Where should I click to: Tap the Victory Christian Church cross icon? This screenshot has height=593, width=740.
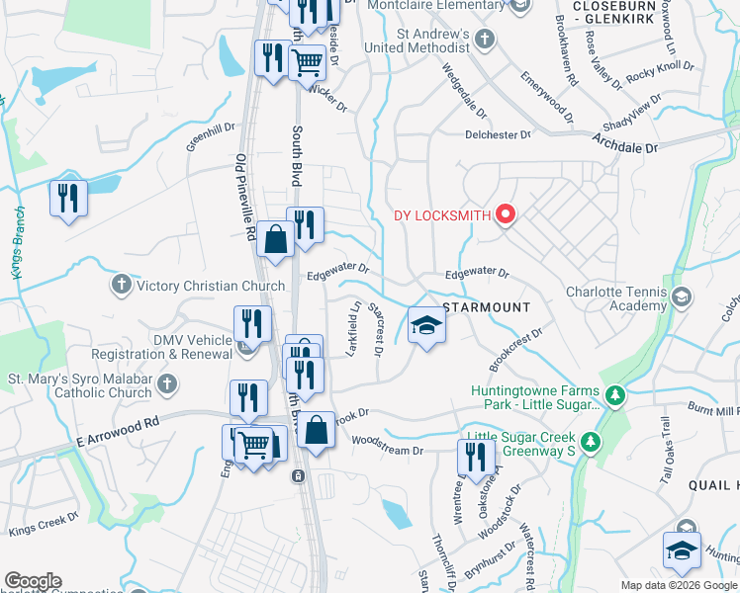(122, 286)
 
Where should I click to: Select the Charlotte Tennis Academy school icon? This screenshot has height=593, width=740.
(681, 297)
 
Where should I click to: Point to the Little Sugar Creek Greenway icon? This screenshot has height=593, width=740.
(590, 441)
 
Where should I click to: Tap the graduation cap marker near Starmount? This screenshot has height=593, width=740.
(426, 326)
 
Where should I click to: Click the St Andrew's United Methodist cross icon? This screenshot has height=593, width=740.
(485, 40)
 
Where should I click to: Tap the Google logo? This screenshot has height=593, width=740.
(33, 581)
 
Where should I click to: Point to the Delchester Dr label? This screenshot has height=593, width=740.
(499, 134)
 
